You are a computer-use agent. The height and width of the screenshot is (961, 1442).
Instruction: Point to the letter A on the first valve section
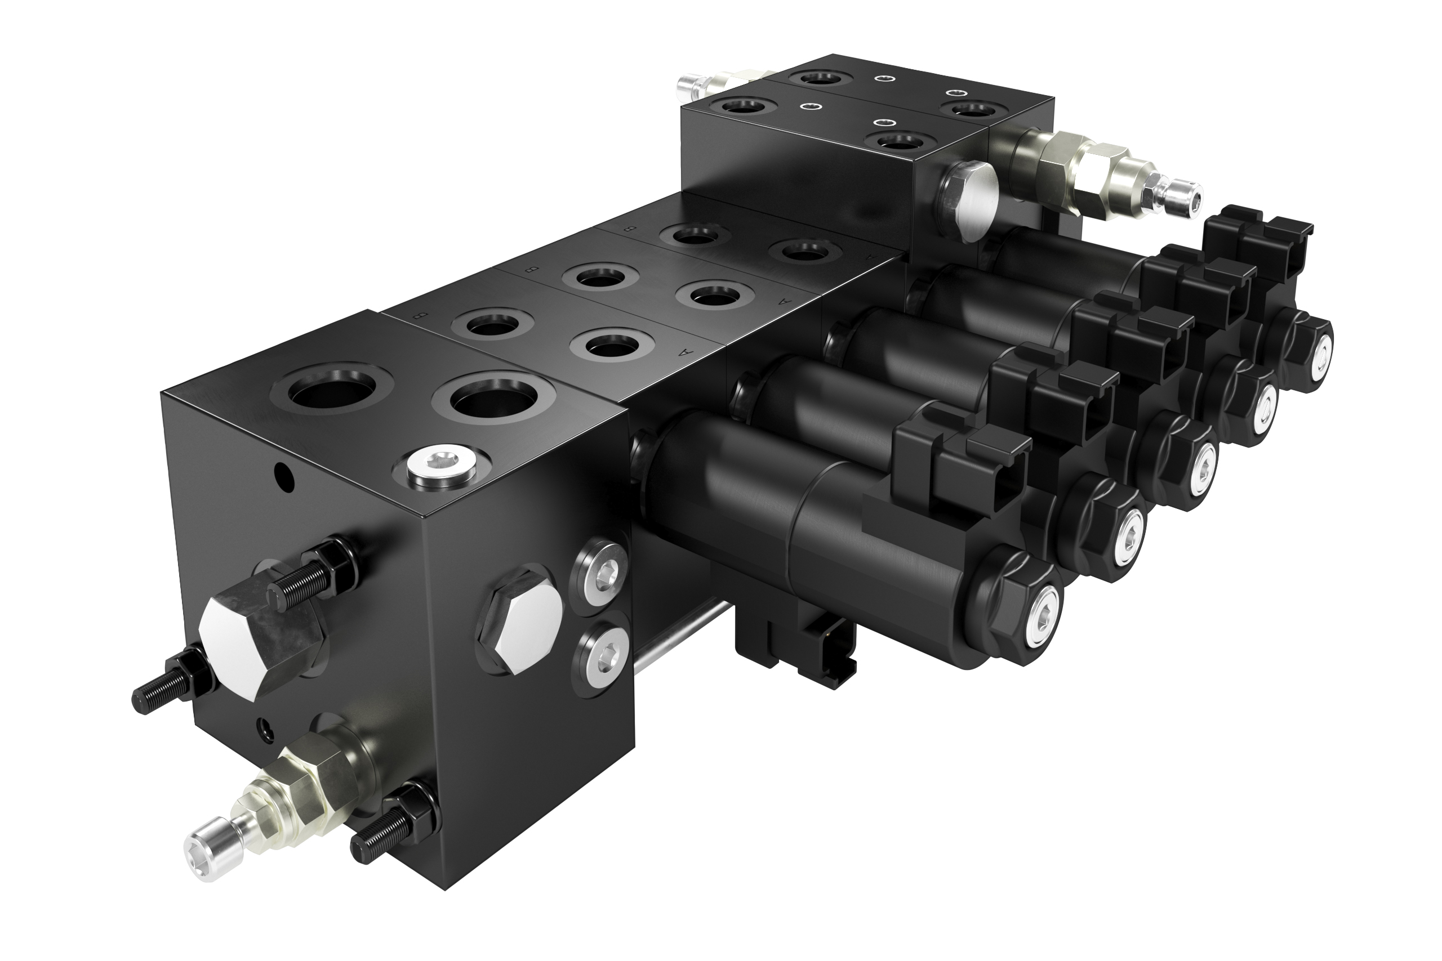click(x=679, y=352)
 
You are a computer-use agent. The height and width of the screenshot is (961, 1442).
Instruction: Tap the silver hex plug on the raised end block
click(x=969, y=203)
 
